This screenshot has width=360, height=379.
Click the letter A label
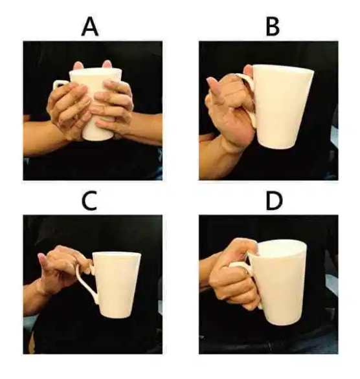90,27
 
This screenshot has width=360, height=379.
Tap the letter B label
273,27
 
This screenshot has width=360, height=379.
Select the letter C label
89,201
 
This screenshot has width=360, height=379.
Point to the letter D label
274,201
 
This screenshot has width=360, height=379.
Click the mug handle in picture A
58,83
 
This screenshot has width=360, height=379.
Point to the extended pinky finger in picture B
214,86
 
